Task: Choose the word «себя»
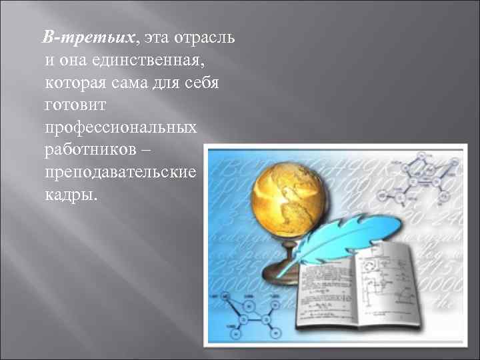[212, 83]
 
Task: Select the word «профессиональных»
[121, 129]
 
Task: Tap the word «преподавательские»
[121, 173]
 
